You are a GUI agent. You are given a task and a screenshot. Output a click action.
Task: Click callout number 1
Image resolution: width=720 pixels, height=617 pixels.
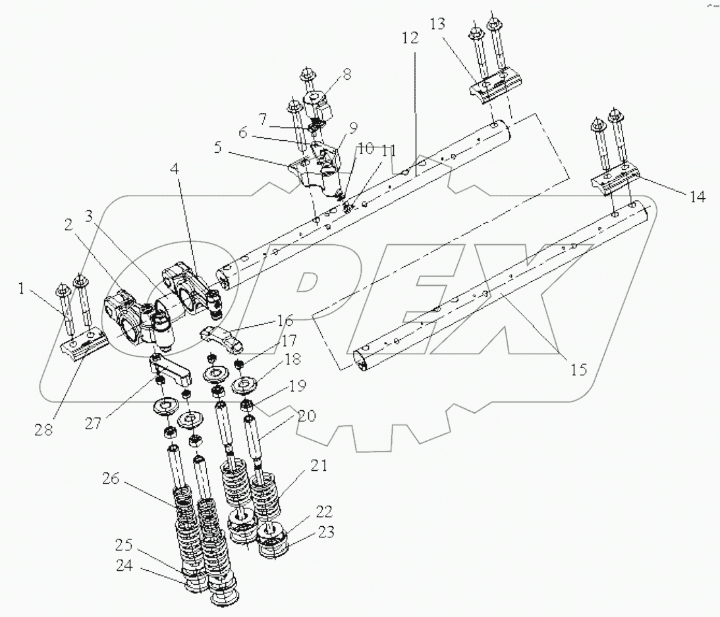24,288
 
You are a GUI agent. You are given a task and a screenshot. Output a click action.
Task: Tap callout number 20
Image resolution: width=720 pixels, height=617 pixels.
306,416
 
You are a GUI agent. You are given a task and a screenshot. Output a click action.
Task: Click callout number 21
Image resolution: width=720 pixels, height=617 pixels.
319,466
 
